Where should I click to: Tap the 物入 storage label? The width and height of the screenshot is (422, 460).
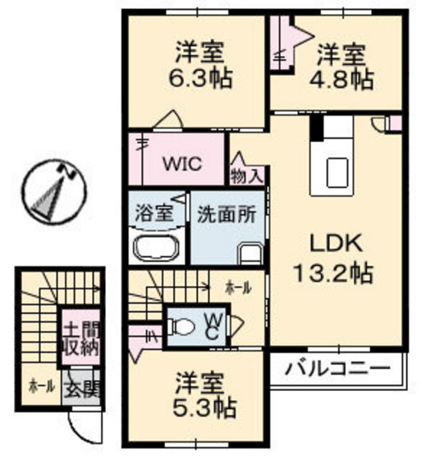[247, 175]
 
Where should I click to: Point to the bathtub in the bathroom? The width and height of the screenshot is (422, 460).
[155, 249]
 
